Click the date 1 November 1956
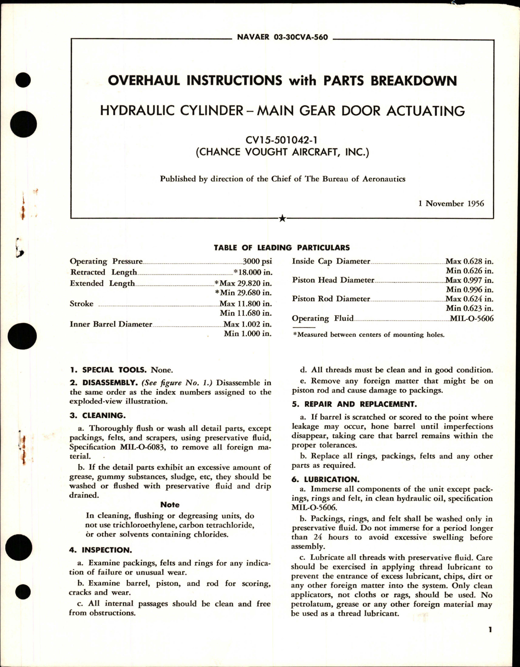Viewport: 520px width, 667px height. (451, 203)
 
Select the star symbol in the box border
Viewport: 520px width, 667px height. (282, 219)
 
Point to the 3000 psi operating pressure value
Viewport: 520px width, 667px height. (256, 262)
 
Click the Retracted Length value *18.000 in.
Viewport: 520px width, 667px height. (250, 273)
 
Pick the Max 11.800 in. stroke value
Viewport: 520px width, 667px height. (245, 304)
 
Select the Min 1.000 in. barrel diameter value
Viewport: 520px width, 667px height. (247, 333)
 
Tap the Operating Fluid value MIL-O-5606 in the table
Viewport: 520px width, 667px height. (472, 319)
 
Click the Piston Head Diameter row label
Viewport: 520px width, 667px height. (333, 280)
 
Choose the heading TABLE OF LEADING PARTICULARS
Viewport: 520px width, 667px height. (282, 248)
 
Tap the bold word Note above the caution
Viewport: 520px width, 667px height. (170, 505)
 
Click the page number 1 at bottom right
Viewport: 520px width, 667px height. (490, 641)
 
